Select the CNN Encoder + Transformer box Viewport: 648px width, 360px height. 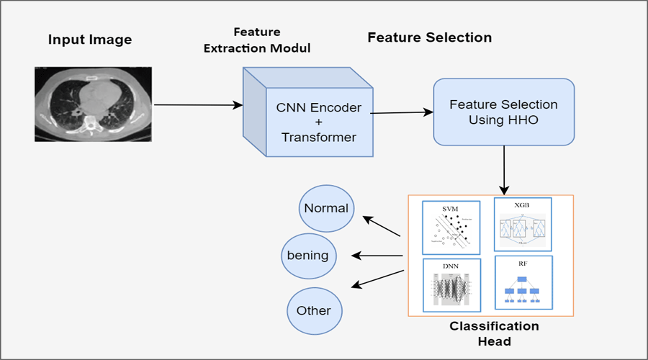[x=319, y=122]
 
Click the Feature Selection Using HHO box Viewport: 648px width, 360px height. [x=503, y=112]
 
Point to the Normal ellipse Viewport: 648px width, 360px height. [x=326, y=209]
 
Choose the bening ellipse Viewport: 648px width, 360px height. [x=307, y=255]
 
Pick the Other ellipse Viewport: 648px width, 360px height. [x=313, y=311]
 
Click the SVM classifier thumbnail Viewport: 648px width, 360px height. [x=451, y=226]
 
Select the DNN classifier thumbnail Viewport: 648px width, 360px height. [x=451, y=287]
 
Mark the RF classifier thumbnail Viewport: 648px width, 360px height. [x=523, y=282]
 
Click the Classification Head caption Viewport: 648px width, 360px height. [x=493, y=333]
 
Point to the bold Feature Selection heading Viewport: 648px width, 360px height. [x=429, y=37]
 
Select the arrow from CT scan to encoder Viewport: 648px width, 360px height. [x=199, y=105]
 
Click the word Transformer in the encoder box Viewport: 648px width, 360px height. [x=319, y=138]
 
